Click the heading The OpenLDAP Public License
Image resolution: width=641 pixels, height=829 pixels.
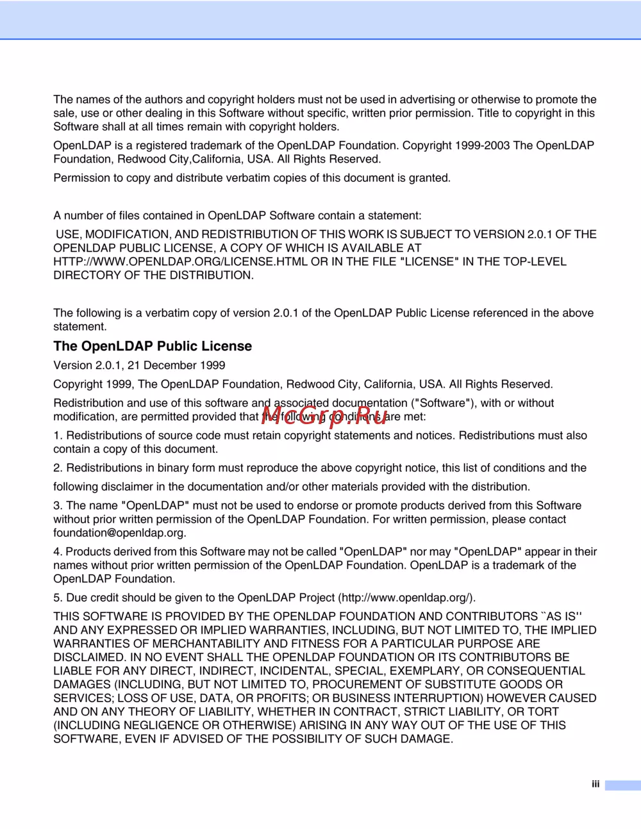coord(153,347)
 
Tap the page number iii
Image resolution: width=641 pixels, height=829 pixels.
coord(595,784)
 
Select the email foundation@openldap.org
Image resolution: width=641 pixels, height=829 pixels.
coord(119,533)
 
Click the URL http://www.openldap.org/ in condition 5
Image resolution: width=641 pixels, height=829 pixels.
coord(406,598)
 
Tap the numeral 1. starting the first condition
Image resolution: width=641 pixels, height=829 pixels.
coord(58,436)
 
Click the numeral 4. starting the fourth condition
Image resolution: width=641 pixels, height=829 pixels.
coord(58,552)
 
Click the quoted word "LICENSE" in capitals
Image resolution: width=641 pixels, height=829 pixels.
coord(429,261)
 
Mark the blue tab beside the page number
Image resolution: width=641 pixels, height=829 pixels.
coord(622,785)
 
